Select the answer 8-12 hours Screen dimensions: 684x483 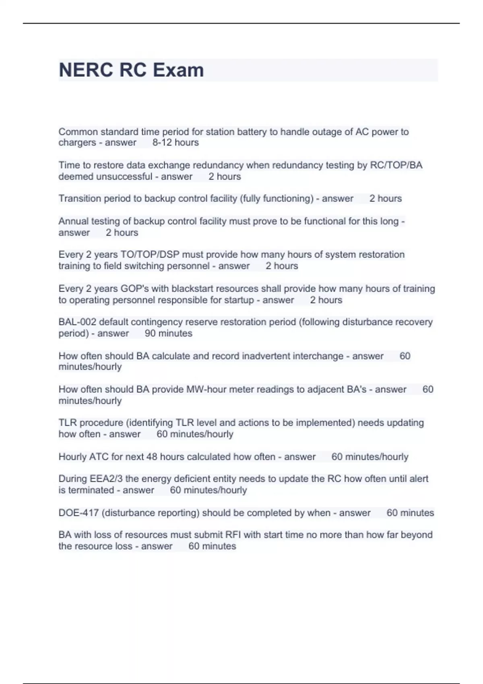(175, 142)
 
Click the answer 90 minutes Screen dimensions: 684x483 (168, 333)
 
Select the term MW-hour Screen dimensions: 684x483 (208, 389)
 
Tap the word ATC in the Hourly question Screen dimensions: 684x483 (99, 457)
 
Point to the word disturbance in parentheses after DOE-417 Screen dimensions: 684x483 (128, 513)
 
